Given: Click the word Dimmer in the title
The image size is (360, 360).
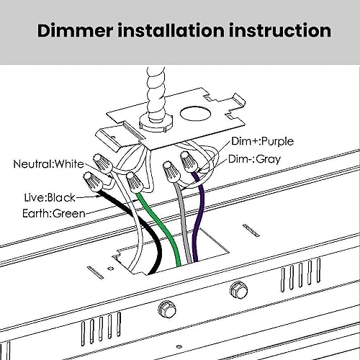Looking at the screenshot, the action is (75, 30).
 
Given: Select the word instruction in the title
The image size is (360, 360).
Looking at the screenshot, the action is (280, 30).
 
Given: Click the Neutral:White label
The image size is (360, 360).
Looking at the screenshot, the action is (48, 164).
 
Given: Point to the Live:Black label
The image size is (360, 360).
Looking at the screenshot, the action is (50, 197).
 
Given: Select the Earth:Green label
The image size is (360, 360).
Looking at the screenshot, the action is (54, 213).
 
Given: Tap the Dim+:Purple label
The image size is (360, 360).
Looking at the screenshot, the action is (262, 141).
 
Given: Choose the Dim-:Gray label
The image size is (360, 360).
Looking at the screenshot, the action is (254, 159).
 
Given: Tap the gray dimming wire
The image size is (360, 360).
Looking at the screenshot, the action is (184, 223).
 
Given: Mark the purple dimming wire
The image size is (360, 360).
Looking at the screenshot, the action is (199, 216).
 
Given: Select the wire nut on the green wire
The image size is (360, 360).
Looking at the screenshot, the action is (135, 182).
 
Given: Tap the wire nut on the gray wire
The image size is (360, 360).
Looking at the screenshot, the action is (171, 172).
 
